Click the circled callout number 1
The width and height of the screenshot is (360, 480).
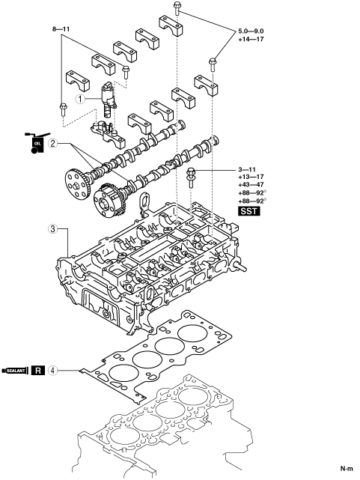click(x=80, y=99)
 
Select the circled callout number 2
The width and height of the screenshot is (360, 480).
click(x=53, y=143)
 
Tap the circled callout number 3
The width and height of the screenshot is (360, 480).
click(x=53, y=228)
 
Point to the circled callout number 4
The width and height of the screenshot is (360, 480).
click(x=52, y=371)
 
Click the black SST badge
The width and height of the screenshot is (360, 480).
click(x=249, y=211)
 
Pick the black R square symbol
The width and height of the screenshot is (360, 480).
click(x=38, y=371)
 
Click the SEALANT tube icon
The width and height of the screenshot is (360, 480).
click(x=15, y=371)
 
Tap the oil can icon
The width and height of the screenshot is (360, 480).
click(x=37, y=143)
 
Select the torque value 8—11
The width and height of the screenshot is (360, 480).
click(x=61, y=29)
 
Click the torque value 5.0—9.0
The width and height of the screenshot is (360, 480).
click(x=251, y=31)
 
